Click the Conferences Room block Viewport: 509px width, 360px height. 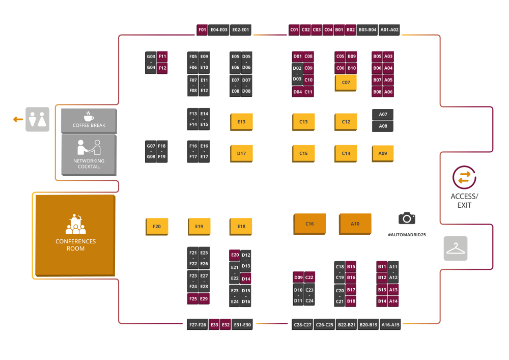75,235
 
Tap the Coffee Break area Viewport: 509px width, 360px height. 89,120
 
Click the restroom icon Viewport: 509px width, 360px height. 38,119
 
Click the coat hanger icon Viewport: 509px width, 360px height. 455,248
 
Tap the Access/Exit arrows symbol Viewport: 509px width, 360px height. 464,177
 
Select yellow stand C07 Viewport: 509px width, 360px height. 346,82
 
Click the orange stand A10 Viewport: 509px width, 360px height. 355,224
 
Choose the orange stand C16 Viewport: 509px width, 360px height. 309,224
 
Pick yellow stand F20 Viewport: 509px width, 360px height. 157,227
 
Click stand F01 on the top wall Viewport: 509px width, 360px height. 202,30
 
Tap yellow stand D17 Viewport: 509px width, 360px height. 241,153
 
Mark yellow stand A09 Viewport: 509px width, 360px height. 382,153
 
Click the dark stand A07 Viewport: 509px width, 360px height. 383,115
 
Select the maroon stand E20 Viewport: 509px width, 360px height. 235,255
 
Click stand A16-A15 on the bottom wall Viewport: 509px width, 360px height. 390,324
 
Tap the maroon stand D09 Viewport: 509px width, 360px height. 298,278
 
